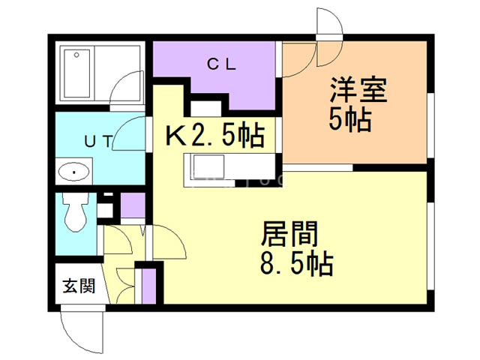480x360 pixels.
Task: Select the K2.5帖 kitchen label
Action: tap(213, 136)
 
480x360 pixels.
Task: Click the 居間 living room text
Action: tap(289, 235)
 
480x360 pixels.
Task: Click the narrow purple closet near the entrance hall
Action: tap(147, 283)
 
